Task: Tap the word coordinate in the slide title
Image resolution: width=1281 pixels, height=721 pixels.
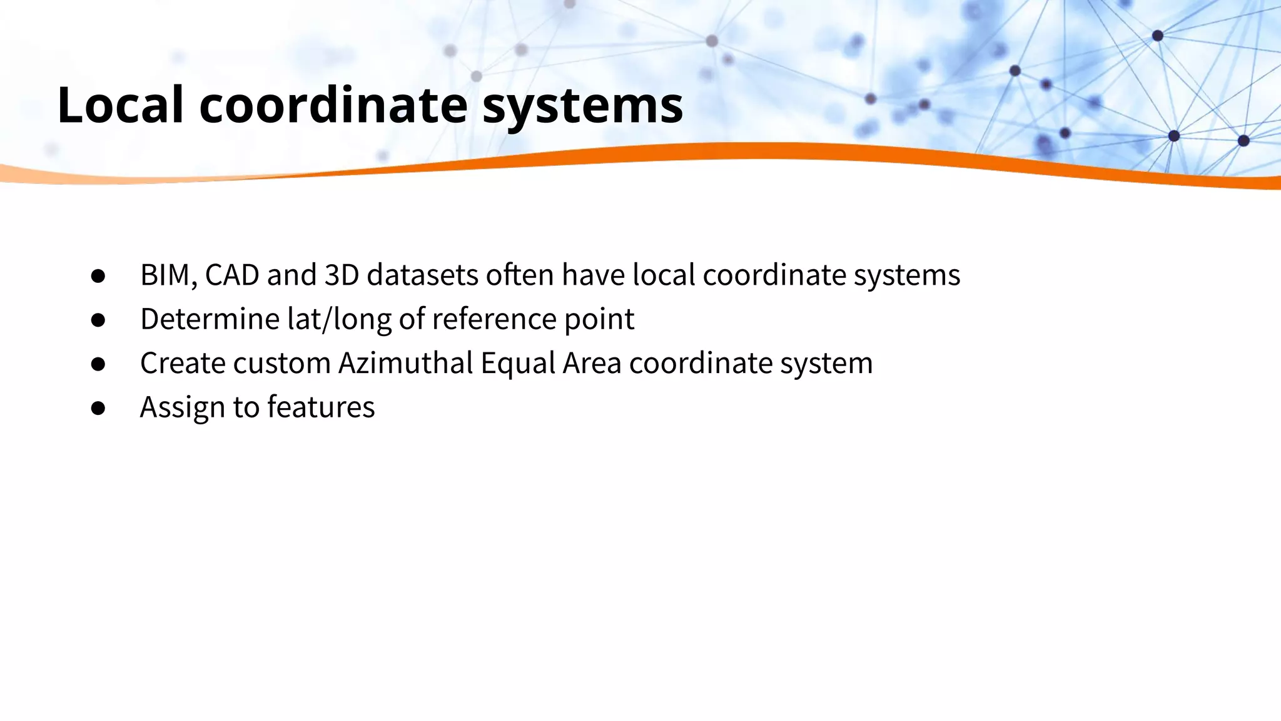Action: pyautogui.click(x=333, y=105)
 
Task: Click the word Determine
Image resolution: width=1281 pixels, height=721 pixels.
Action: pyautogui.click(x=210, y=319)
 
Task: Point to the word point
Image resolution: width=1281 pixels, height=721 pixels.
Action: pyautogui.click(x=599, y=319)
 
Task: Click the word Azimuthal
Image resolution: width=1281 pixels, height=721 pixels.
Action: pyautogui.click(x=405, y=363)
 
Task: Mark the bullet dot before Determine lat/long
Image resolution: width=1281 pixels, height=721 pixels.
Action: pyautogui.click(x=98, y=320)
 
